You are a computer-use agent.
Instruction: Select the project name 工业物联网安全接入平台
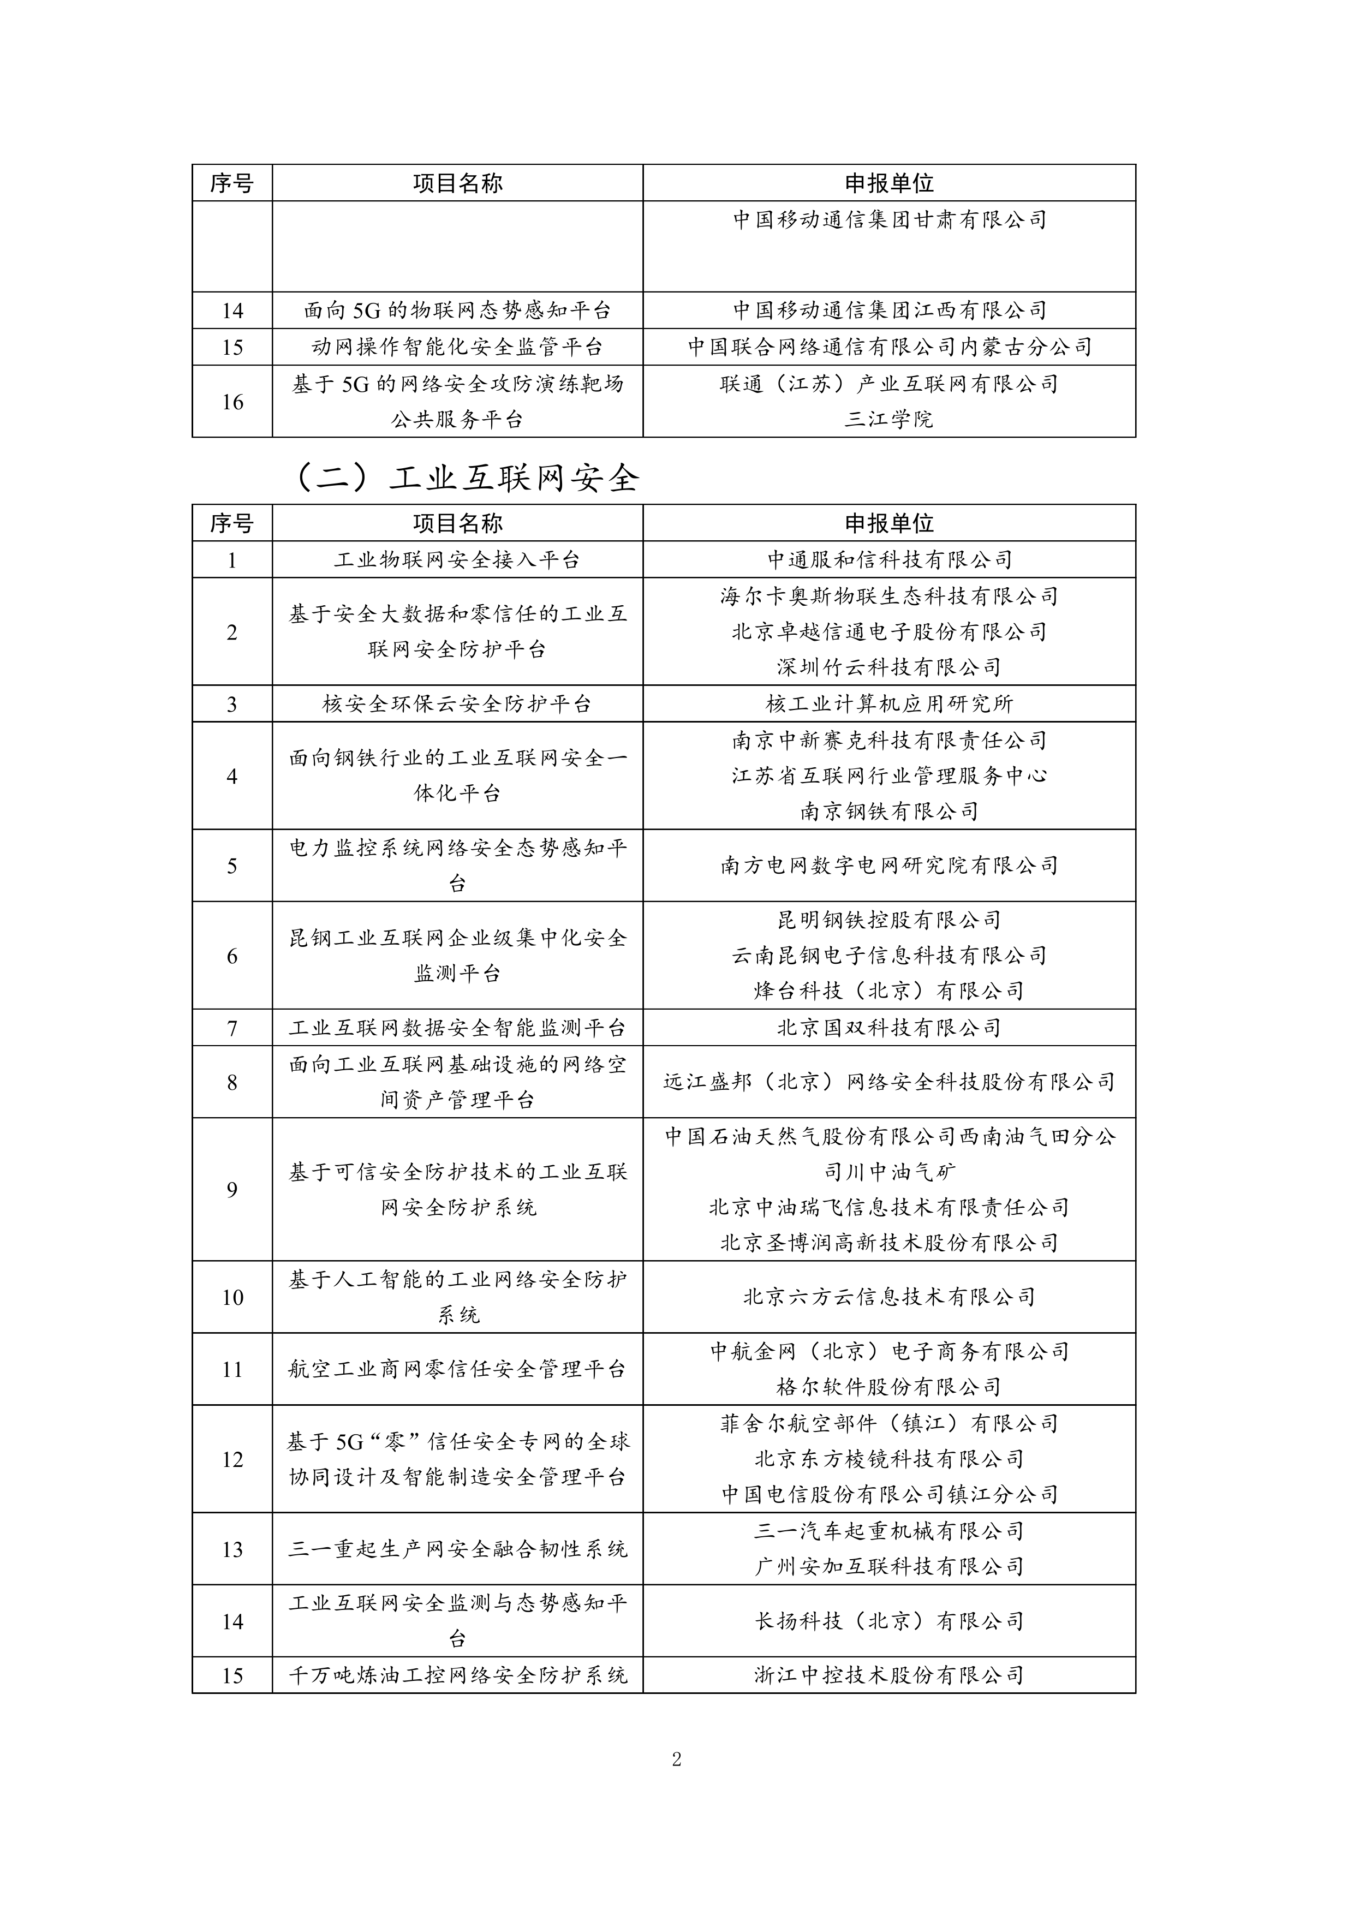coord(457,559)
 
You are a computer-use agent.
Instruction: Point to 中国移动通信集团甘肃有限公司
coord(890,220)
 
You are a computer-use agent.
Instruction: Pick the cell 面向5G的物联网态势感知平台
coord(457,311)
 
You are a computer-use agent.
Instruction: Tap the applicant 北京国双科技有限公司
coord(890,1028)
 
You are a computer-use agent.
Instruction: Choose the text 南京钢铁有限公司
coord(890,811)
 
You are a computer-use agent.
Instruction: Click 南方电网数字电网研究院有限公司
coord(890,866)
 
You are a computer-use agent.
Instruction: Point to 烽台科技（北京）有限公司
coord(890,991)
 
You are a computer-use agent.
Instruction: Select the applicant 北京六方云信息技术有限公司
coord(890,1297)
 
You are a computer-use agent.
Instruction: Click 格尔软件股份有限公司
coord(890,1387)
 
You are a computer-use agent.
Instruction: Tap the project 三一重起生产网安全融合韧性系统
coord(457,1550)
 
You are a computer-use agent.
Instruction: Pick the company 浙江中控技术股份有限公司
coord(890,1675)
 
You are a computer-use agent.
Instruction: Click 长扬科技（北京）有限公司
coord(890,1621)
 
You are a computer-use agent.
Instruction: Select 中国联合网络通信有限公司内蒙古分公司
coord(890,347)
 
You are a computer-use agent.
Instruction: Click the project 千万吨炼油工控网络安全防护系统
coord(457,1675)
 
